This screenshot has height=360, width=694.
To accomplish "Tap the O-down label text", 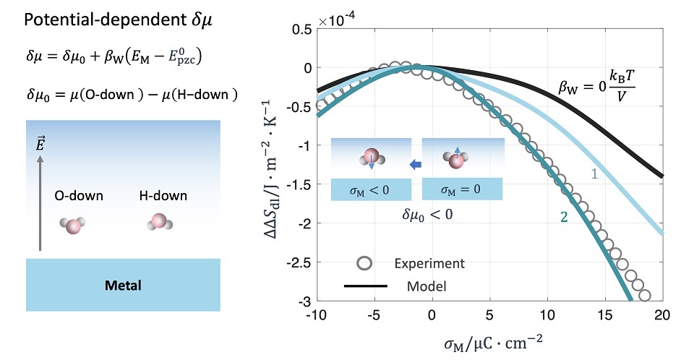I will click(78, 195).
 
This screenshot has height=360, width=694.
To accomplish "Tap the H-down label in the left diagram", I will click(163, 195).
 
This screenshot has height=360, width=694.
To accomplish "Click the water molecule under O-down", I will click(73, 226).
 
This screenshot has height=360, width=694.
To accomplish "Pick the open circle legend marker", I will click(366, 263).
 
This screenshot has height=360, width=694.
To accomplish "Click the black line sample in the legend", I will click(366, 286).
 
